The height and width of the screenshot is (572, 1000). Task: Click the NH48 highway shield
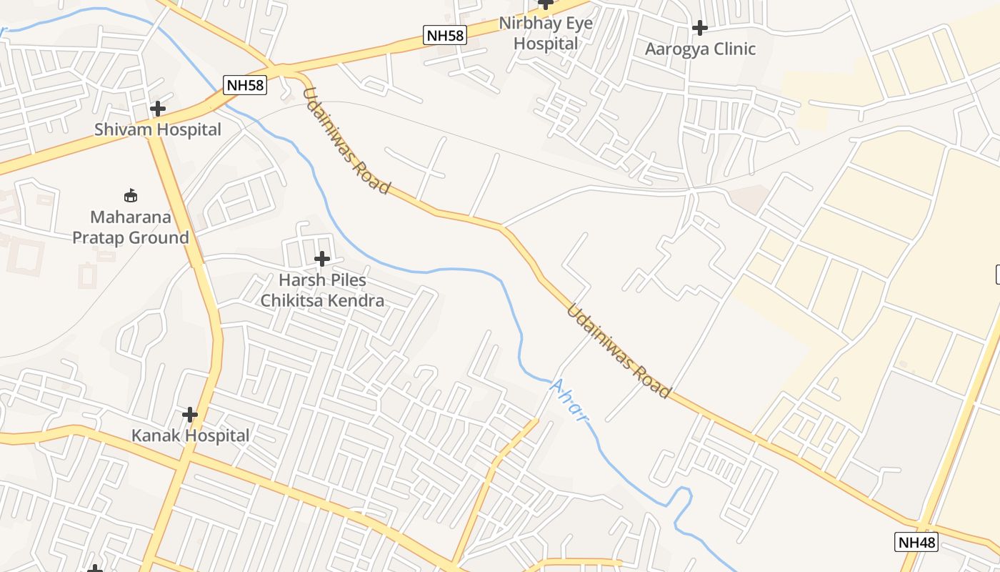(916, 542)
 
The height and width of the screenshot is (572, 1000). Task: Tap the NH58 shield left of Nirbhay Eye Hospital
(444, 35)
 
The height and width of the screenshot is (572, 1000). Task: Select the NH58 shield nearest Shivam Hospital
(244, 85)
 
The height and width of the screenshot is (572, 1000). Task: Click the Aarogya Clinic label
(700, 49)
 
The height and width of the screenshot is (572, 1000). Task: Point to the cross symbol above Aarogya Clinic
(700, 28)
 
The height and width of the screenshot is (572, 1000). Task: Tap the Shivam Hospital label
(158, 130)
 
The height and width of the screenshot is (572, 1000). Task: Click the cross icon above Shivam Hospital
(158, 109)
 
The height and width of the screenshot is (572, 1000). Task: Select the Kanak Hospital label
(190, 435)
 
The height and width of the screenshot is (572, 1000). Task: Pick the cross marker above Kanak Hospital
(190, 415)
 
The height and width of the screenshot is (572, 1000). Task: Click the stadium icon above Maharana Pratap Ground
(131, 195)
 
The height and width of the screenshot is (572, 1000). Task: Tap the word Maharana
(131, 217)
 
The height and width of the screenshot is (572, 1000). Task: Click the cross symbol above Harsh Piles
(322, 258)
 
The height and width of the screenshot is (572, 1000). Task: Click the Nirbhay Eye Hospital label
(546, 33)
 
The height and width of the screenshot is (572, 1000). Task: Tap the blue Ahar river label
(569, 400)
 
